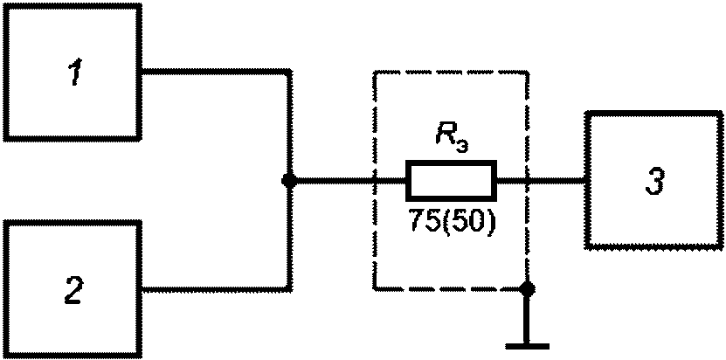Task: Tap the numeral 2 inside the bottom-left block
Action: pos(73,289)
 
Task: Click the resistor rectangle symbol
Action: pos(451,181)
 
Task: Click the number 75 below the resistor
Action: pos(423,221)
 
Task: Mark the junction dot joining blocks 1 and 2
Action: pos(289,181)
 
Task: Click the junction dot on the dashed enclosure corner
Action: pos(526,287)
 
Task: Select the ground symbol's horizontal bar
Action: pos(526,345)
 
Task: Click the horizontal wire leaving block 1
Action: pos(215,72)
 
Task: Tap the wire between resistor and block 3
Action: pos(542,181)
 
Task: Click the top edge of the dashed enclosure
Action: pos(450,73)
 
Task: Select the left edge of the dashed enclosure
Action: pos(375,131)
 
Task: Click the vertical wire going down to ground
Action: pos(526,316)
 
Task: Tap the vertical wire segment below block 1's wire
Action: pos(289,127)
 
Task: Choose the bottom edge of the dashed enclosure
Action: pos(450,287)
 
